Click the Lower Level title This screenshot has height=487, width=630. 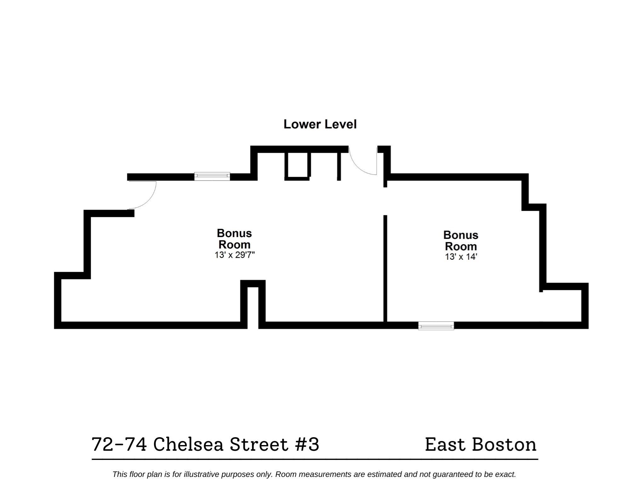(320, 124)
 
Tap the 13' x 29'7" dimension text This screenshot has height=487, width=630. (234, 255)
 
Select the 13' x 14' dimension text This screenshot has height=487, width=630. (461, 257)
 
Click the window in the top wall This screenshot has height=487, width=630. (212, 177)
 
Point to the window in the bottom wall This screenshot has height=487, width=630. (436, 326)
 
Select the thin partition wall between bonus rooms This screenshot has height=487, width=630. (385, 268)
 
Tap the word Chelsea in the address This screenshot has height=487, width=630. (188, 444)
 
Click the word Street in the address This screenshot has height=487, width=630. (259, 444)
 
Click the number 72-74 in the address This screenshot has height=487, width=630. (119, 444)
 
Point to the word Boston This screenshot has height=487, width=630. (504, 444)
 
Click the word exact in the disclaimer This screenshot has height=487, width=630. (505, 474)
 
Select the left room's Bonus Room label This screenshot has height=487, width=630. (234, 239)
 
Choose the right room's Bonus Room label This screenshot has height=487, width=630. (461, 241)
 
